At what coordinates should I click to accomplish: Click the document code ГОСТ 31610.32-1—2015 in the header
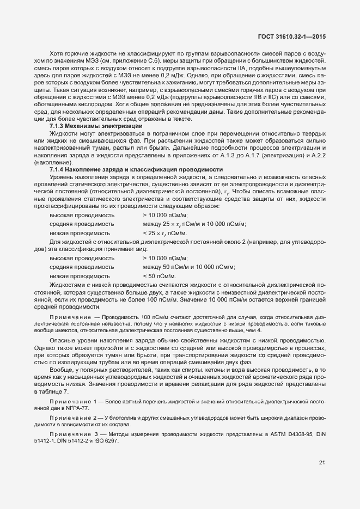pyautogui.click(x=295, y=36)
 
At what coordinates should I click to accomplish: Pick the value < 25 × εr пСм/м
pyautogui.click(x=164, y=233)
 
